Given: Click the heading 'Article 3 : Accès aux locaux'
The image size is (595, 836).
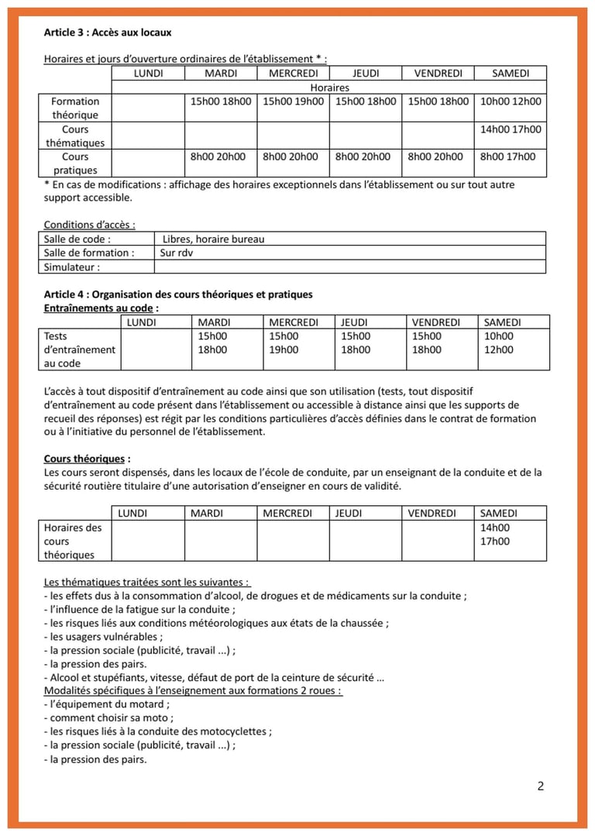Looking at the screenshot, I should click(108, 33).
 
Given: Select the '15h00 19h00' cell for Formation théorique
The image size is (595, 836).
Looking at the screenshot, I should click(294, 101).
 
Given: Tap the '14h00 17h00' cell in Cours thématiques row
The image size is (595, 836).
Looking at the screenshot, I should click(511, 129).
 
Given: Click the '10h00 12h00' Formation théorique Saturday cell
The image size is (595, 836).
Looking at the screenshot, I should click(511, 101).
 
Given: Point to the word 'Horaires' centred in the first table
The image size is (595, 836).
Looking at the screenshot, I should click(329, 88).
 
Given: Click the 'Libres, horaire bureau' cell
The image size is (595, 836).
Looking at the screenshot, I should click(213, 239).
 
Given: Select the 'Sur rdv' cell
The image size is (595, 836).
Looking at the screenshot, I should click(176, 253).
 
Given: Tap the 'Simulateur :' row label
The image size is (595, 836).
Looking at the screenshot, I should click(72, 267).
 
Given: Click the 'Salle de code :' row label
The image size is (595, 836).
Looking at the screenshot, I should click(77, 239).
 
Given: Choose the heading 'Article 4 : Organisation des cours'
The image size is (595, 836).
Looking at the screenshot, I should click(178, 294).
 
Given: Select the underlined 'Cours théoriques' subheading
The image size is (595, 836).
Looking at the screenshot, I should click(84, 459).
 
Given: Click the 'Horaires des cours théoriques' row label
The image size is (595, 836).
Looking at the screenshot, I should click(73, 541).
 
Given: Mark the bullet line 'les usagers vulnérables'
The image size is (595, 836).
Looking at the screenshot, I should click(104, 637).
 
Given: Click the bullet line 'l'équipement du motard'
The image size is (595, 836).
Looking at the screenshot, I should click(107, 704).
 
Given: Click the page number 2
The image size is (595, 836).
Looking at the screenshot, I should click(540, 786).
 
